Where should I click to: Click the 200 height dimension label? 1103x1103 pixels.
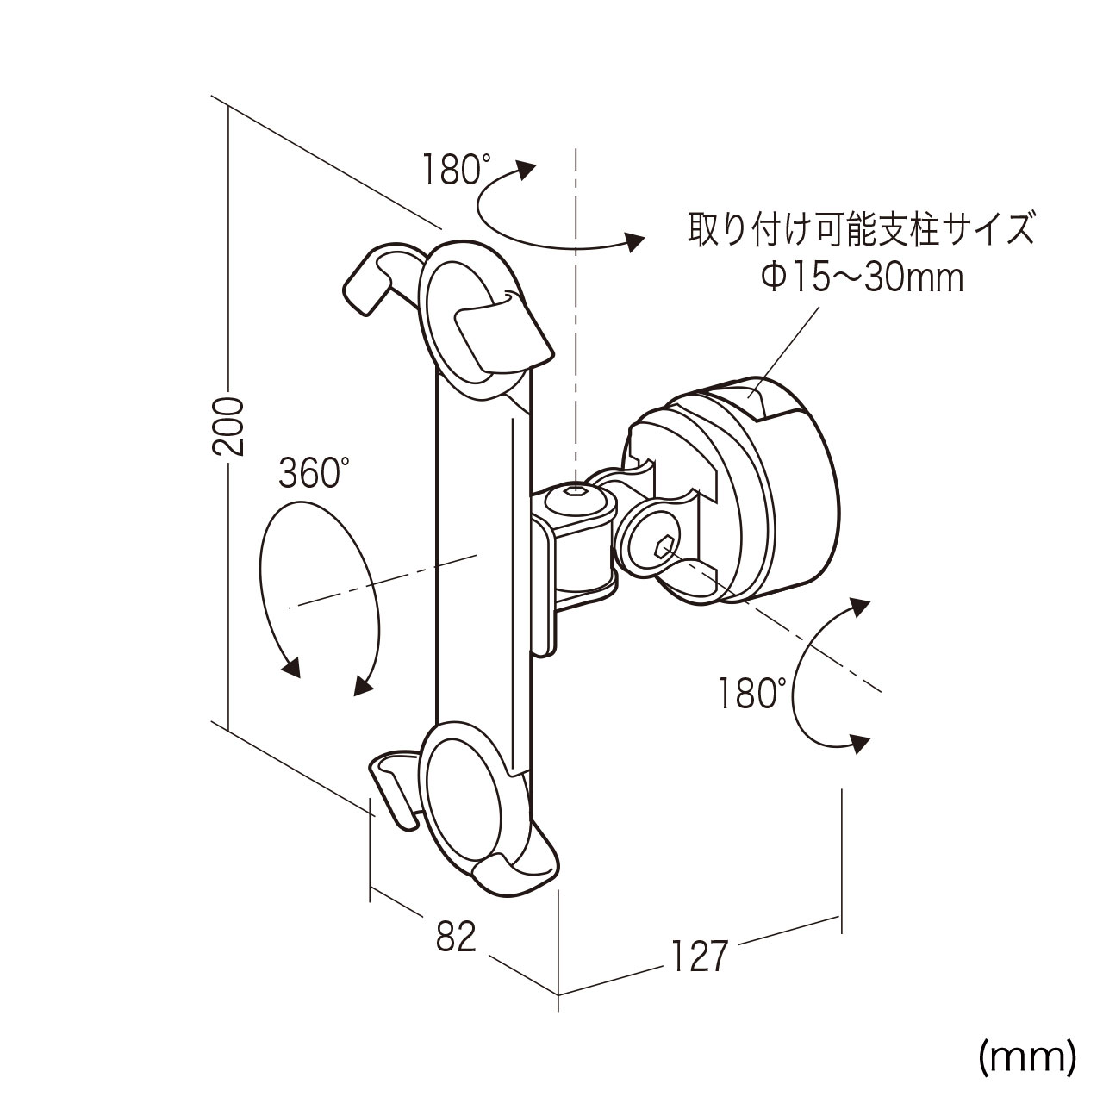229,426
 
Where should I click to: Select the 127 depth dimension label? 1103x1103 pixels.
699,954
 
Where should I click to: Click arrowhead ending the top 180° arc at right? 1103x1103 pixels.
635,243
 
